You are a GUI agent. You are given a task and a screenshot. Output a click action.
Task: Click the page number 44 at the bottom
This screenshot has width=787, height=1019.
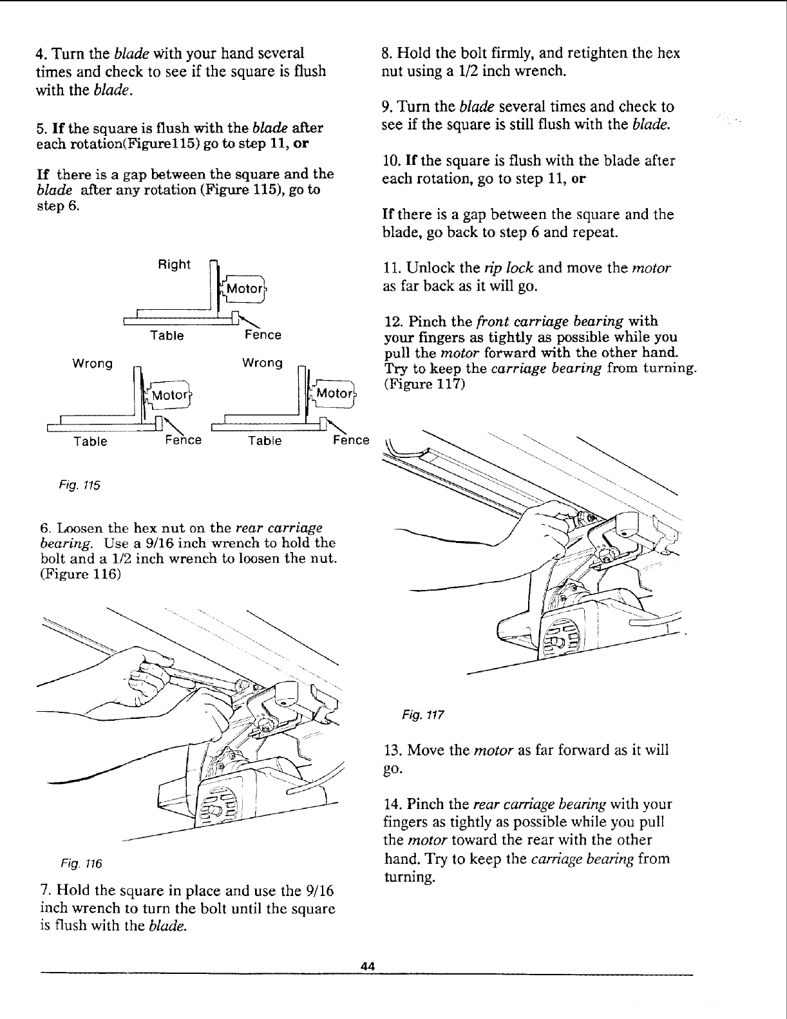tap(368, 966)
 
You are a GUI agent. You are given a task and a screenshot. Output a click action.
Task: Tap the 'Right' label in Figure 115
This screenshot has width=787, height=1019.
tap(175, 265)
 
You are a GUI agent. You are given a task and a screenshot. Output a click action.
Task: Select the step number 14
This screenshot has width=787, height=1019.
tap(392, 805)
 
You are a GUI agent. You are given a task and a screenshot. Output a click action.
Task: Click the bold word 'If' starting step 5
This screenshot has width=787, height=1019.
tap(44, 128)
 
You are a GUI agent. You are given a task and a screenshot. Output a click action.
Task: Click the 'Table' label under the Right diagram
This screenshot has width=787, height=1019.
tap(167, 336)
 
